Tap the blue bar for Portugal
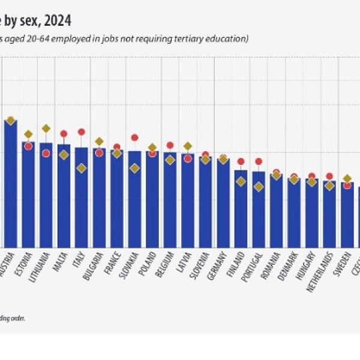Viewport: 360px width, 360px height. point(259,210)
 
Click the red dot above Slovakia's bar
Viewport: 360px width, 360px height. point(135,138)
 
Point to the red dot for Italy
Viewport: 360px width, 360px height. point(82,132)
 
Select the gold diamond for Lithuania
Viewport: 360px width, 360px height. point(46,128)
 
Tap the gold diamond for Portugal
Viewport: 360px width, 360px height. point(259,187)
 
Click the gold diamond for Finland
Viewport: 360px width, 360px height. point(241,181)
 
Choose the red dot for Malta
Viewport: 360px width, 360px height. point(64,134)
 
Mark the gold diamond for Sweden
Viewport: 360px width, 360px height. point(347,179)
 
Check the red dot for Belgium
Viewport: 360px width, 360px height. point(170,145)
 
